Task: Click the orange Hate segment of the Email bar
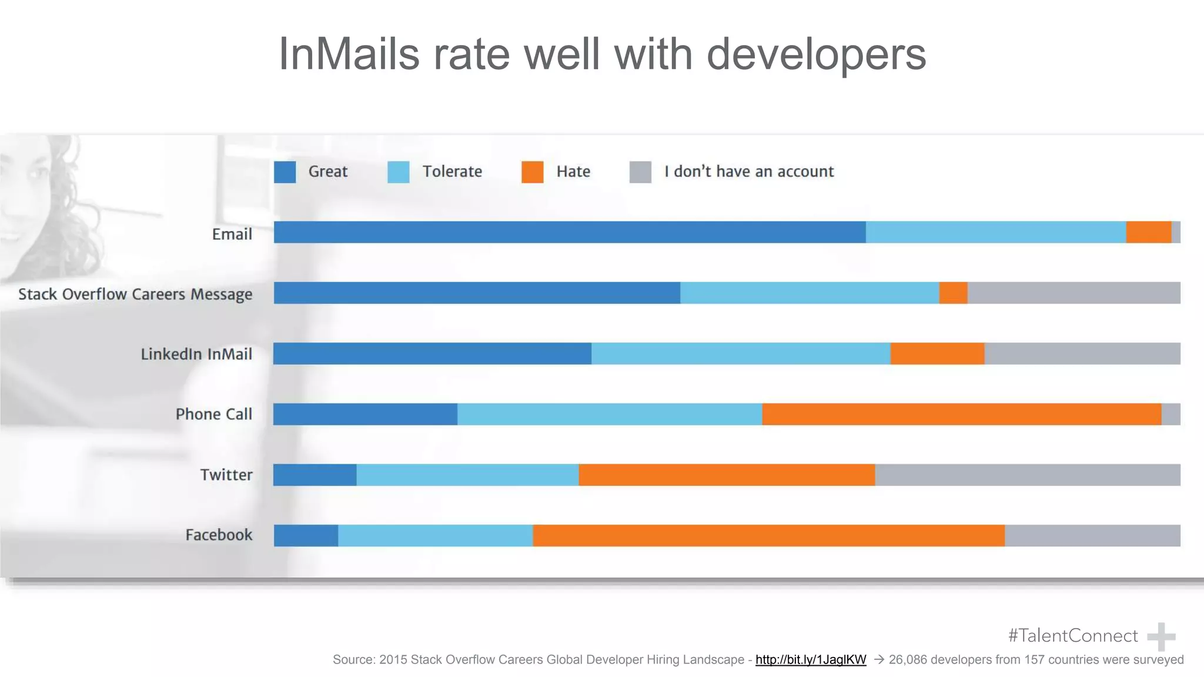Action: coord(1148,232)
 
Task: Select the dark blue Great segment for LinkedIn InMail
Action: coord(432,353)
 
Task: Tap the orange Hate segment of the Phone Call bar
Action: coord(961,414)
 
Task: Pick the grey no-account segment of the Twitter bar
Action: coord(1027,475)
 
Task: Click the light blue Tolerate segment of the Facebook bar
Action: coord(435,535)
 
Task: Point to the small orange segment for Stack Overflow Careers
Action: coord(953,293)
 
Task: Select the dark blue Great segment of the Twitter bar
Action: coord(315,475)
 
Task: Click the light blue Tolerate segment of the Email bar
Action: coord(995,232)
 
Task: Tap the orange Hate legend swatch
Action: coord(532,172)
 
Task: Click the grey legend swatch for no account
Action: coord(640,172)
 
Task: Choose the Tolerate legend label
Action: coord(452,172)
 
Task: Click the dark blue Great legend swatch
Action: coord(285,172)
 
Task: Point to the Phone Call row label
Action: coord(214,414)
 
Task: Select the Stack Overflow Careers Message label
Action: coord(135,294)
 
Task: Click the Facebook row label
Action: coord(219,535)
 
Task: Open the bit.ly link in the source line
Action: coord(810,659)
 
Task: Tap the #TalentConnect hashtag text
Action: coord(1072,635)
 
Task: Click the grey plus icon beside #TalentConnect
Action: coord(1160,636)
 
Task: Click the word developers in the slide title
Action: coord(815,54)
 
